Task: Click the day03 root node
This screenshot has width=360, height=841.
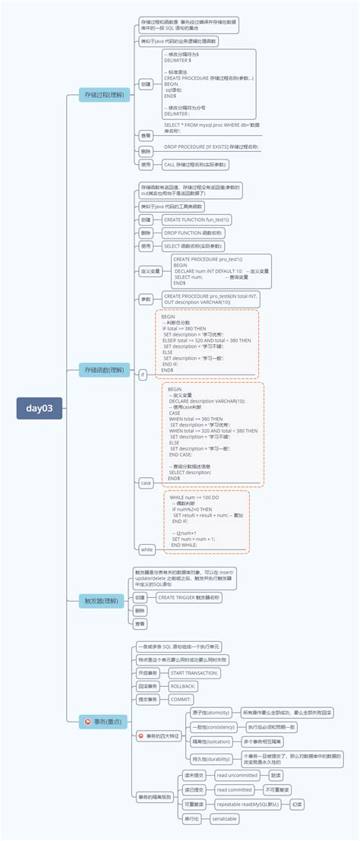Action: tap(39, 408)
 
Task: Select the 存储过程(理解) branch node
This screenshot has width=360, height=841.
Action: tap(105, 95)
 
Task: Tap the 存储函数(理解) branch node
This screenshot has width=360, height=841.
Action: tap(105, 370)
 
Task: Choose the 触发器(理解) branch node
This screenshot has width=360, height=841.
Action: tap(103, 601)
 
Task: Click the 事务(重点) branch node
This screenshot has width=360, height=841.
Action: tap(106, 721)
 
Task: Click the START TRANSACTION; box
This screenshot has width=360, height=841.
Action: tap(194, 673)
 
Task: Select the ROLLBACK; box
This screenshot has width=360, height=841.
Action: tap(183, 686)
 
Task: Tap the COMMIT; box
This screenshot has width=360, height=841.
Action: tap(181, 699)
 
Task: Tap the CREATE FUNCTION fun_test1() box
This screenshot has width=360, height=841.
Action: tap(196, 219)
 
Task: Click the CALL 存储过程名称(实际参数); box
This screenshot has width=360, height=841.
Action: tap(195, 164)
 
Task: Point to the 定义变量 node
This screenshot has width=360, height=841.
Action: tap(150, 270)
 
